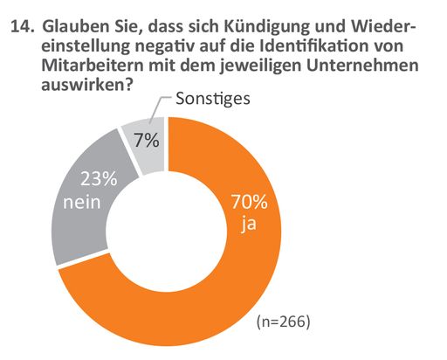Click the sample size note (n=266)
click(281, 322)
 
